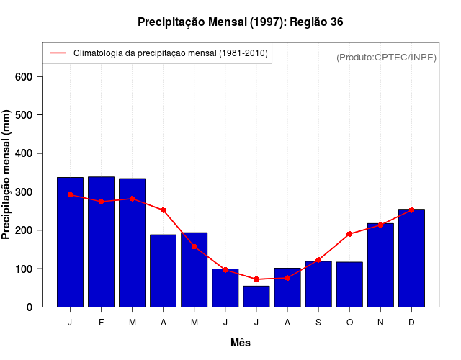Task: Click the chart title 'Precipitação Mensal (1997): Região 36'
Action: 240,22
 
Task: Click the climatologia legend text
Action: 171,53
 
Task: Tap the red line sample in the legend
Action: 58,53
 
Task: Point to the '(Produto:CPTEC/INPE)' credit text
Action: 386,57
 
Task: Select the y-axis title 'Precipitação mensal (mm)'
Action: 6,174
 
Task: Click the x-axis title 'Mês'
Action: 241,343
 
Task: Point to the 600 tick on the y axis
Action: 29,77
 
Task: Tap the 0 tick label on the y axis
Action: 29,307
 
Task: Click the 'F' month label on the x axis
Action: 102,323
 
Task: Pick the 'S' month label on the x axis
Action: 318,323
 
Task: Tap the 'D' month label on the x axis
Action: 411,323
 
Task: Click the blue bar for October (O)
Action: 349,284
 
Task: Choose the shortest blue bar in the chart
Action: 256,297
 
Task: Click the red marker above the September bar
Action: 318,260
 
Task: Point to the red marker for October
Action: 349,234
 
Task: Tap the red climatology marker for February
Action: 102,202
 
